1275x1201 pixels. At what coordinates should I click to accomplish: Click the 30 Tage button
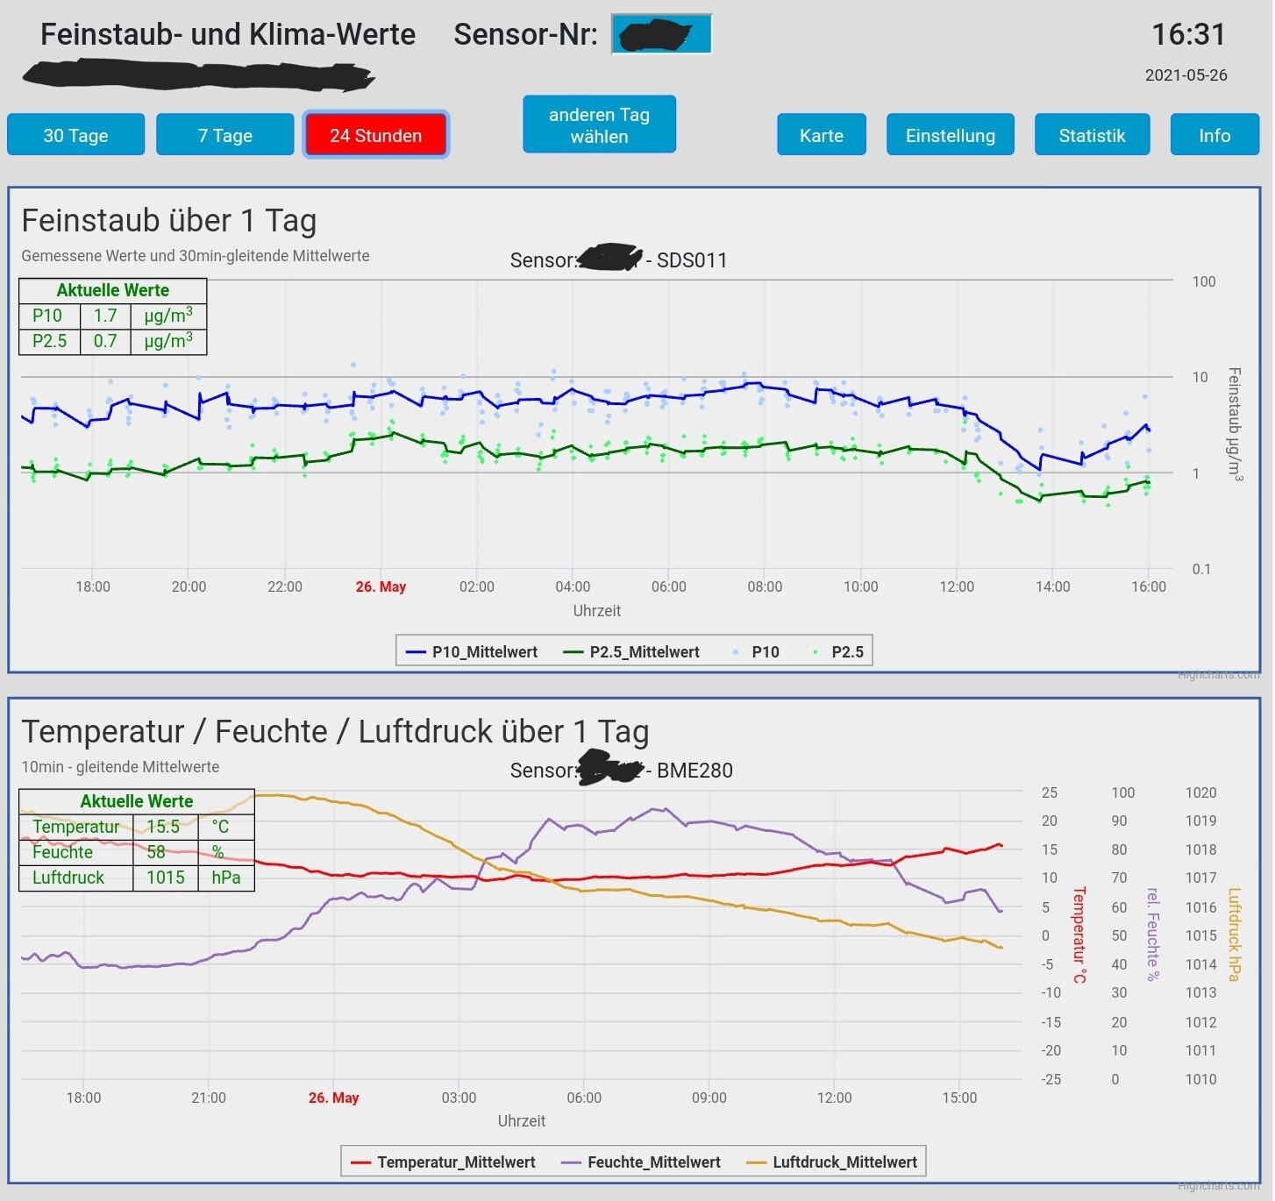75,135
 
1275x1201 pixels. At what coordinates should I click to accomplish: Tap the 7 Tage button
224,135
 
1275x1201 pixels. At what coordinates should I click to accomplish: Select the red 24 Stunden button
375,135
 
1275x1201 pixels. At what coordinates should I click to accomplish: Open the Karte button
821,135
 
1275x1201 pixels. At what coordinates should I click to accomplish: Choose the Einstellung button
950,135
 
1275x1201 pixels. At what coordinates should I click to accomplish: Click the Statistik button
1092,135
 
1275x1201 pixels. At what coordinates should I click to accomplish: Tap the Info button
1214,135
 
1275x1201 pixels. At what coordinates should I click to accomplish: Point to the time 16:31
1187,34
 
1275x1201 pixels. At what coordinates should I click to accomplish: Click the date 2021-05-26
1186,75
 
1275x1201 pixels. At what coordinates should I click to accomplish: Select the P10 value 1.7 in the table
105,316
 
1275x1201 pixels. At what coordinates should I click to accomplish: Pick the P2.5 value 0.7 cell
105,341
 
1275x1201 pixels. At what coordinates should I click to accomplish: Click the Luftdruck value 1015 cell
165,878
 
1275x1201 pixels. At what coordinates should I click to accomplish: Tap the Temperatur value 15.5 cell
163,827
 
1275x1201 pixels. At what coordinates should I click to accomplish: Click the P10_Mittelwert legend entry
473,651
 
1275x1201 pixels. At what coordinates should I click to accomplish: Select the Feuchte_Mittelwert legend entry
642,1162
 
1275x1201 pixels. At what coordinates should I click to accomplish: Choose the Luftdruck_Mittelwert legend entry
832,1162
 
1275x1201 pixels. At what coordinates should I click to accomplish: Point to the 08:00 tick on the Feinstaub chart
765,586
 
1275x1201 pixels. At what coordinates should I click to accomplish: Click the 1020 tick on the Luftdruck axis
1200,792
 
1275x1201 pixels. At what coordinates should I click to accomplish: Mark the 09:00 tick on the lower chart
709,1098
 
